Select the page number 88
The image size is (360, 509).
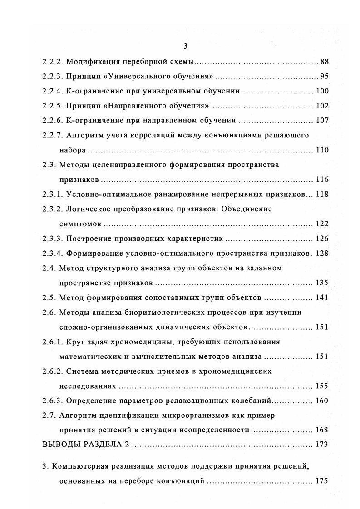coord(324,61)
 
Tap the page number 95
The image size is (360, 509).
coord(324,76)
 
